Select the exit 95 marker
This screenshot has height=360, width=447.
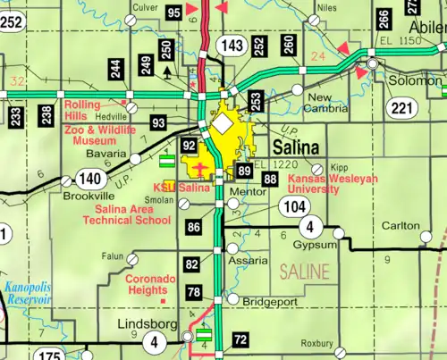(174, 12)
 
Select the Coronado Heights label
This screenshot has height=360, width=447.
(149, 284)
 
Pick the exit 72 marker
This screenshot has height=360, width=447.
(240, 340)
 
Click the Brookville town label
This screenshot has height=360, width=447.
(88, 194)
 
